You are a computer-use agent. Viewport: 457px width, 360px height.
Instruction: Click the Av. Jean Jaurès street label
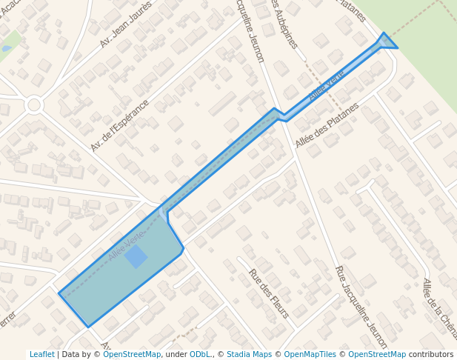click(125, 24)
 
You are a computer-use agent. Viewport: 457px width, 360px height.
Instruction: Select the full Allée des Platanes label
click(327, 124)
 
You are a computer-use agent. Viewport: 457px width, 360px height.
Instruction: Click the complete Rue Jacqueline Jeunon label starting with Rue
click(361, 307)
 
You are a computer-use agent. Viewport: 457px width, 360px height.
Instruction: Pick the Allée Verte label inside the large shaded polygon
click(126, 244)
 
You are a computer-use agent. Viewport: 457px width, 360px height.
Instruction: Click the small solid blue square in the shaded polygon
click(136, 257)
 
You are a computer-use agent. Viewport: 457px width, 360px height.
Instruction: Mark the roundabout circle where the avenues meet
click(33, 104)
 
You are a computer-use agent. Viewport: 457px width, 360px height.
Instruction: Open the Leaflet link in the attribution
click(42, 355)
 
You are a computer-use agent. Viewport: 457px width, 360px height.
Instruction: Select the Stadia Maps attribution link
click(249, 355)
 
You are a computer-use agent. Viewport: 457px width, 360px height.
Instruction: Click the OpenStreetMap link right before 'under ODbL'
click(132, 355)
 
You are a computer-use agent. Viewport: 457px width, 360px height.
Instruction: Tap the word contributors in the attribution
click(431, 355)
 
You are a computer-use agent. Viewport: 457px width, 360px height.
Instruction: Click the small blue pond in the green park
click(7, 48)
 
